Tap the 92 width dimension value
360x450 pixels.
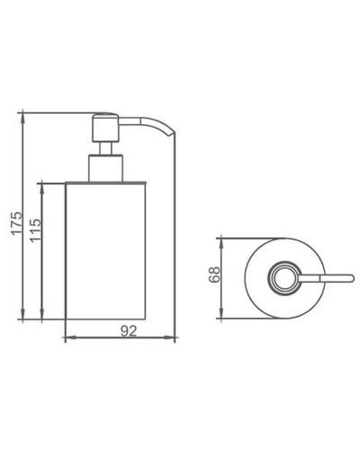128,330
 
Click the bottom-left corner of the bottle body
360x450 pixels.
68,320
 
